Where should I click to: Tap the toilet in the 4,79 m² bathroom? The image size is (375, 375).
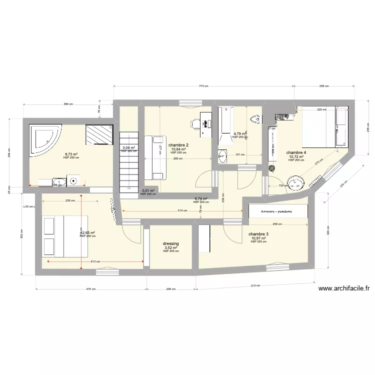(255, 119)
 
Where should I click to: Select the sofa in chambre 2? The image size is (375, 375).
(154, 157)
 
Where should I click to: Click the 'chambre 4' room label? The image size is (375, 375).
(296, 152)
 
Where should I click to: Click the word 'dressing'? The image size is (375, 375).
(170, 244)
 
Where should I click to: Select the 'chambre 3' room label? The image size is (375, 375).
(258, 234)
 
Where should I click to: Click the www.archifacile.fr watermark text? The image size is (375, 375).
(343, 288)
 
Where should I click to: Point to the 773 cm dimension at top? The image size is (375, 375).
(202, 86)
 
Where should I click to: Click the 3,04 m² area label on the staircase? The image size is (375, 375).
(128, 147)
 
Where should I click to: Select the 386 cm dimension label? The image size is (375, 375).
(68, 104)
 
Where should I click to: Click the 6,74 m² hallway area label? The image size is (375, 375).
(200, 198)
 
